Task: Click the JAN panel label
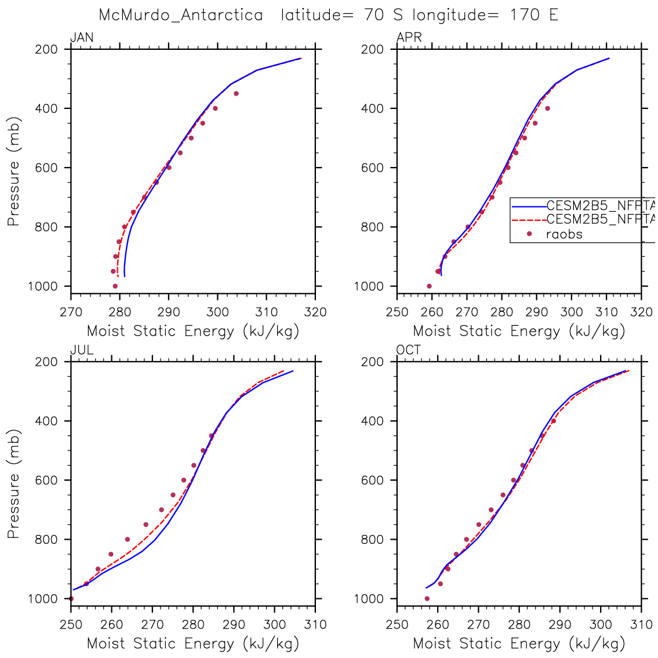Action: (x=82, y=38)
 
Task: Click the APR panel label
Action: (x=409, y=38)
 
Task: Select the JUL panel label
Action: (x=82, y=350)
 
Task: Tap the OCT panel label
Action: (x=409, y=350)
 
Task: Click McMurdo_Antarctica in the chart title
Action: (x=181, y=15)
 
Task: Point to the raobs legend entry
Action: (x=564, y=234)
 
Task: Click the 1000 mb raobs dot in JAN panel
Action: (x=115, y=286)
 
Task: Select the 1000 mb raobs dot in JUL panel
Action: (x=71, y=598)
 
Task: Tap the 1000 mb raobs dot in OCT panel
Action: (x=427, y=598)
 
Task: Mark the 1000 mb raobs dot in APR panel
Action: (x=429, y=286)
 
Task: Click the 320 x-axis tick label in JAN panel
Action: (x=315, y=312)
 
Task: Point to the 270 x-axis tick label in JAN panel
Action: (x=71, y=312)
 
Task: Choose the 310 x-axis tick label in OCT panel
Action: (x=641, y=625)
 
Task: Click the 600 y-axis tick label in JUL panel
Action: (x=47, y=480)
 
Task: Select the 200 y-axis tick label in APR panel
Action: (x=373, y=49)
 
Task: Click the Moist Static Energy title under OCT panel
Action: (x=519, y=644)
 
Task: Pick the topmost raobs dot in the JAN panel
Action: (x=236, y=93)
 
